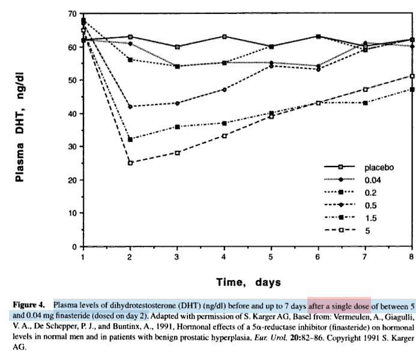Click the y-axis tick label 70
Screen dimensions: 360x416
tap(71, 13)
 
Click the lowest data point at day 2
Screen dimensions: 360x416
tap(130, 163)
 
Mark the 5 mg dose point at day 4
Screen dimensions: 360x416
tap(224, 136)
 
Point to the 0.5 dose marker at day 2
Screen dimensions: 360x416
tap(130, 106)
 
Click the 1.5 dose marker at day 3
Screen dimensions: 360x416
tap(177, 127)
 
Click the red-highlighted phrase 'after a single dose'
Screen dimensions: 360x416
tap(339, 305)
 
